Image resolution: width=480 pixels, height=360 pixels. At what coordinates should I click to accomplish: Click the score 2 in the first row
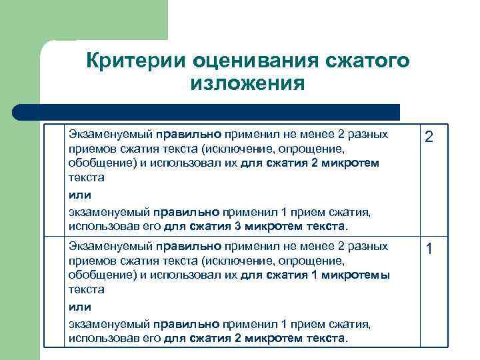click(x=429, y=137)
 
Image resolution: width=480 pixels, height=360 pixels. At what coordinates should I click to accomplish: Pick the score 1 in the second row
click(x=429, y=249)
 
